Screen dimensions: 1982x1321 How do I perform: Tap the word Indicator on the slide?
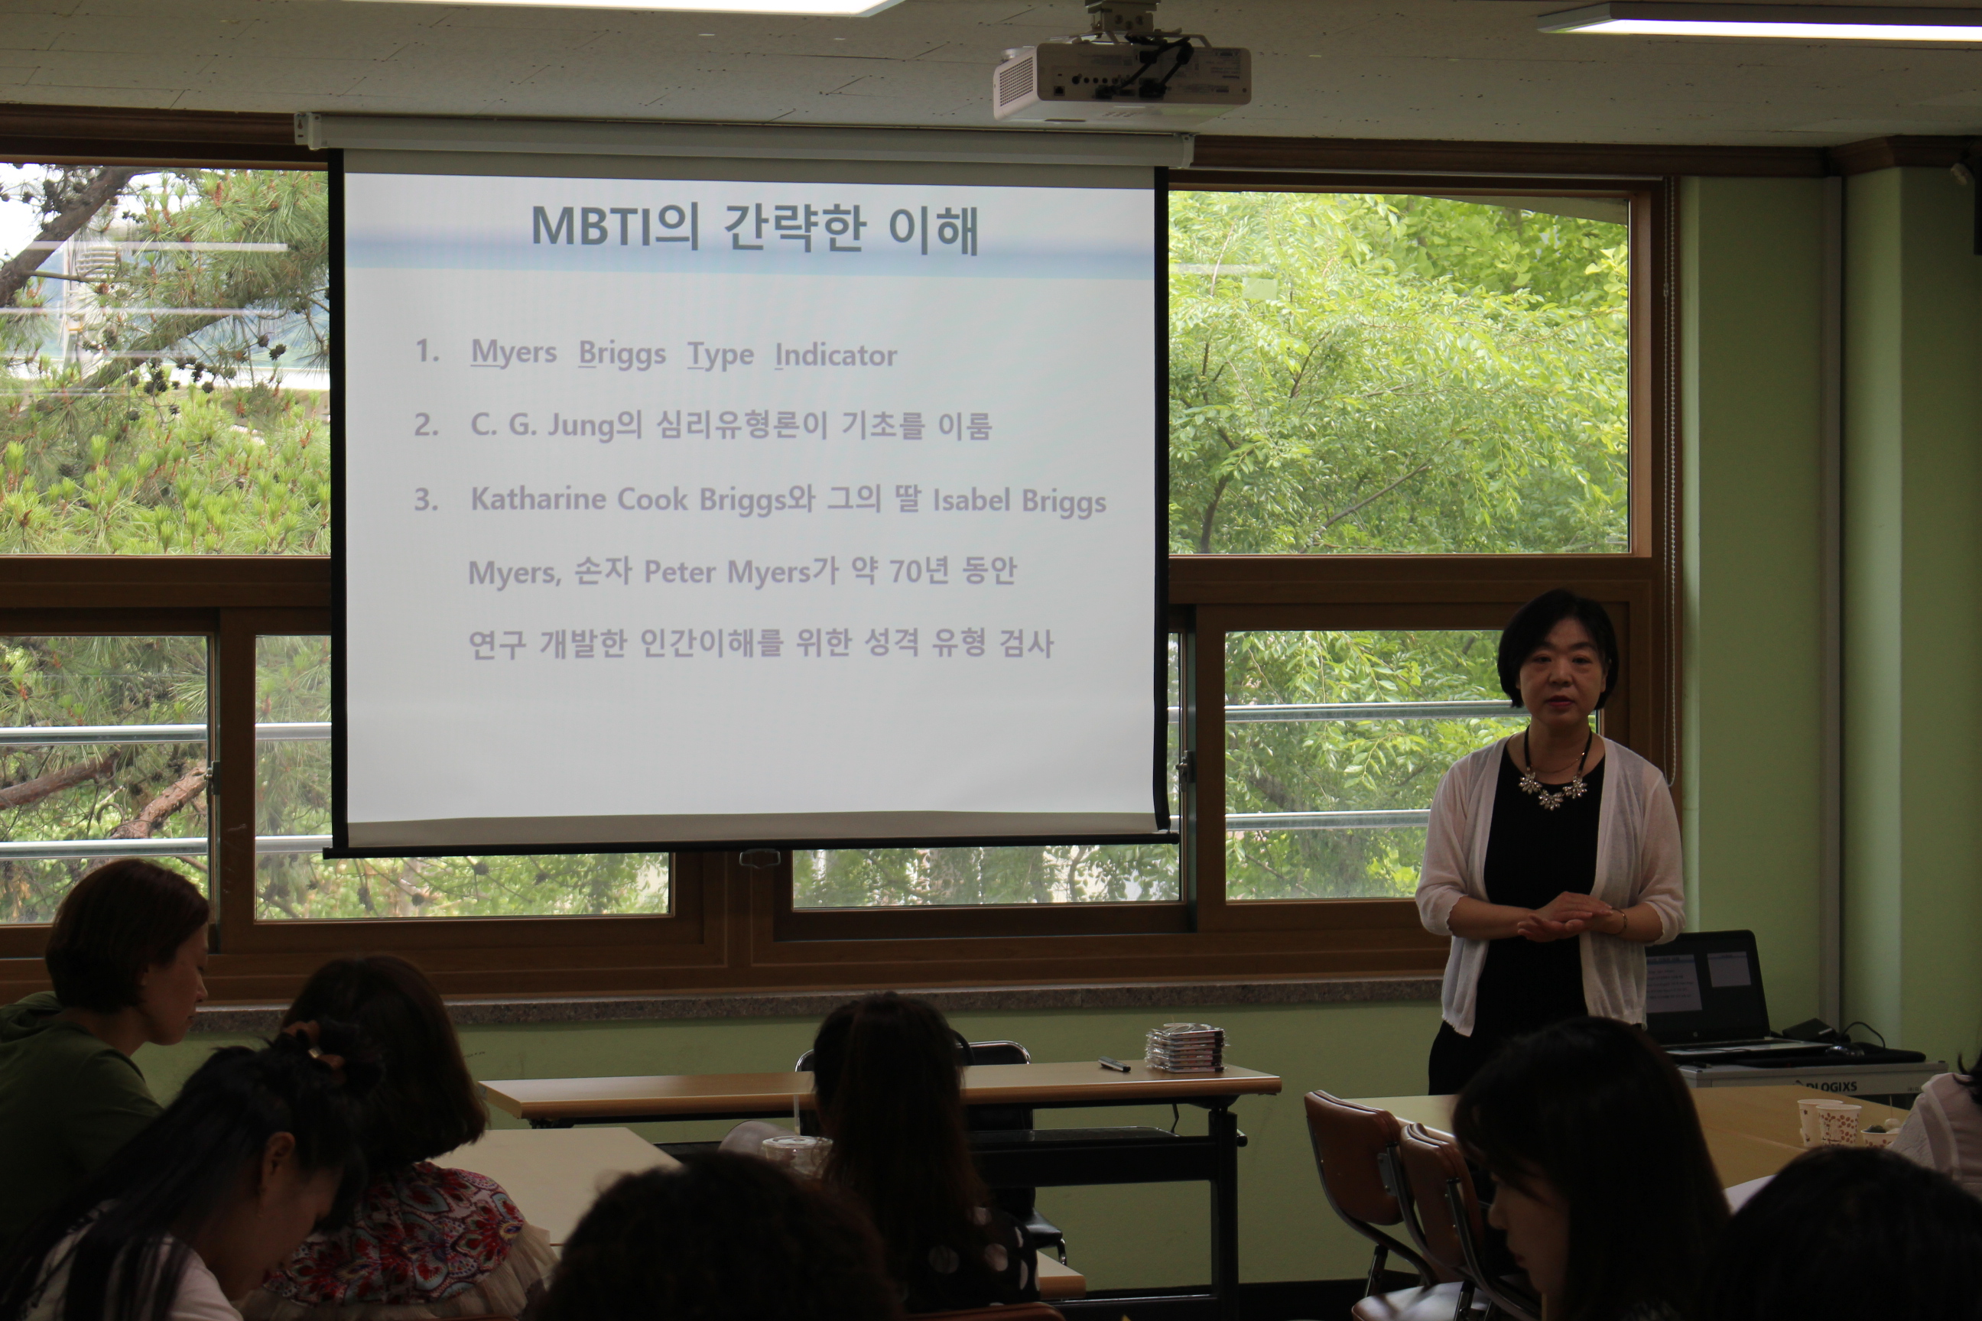pos(836,355)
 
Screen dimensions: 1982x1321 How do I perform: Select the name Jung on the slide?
pos(581,427)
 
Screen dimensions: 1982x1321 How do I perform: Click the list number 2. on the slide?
pos(427,424)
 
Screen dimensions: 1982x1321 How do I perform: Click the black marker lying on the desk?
pos(1114,1063)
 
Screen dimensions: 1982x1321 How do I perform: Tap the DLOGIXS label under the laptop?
pos(1828,1087)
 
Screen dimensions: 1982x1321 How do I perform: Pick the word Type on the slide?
pos(720,355)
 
